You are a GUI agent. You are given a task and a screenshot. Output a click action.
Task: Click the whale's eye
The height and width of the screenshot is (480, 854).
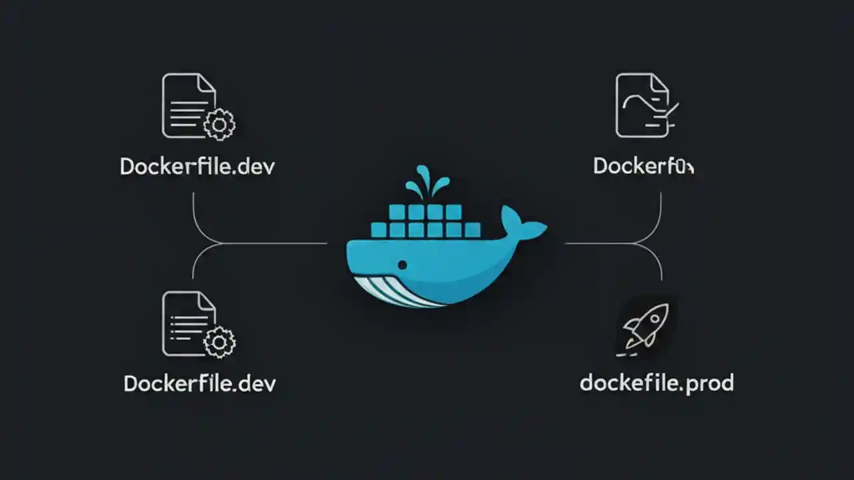[x=402, y=265]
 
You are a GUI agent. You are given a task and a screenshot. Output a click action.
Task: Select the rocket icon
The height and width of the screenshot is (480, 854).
[x=645, y=326]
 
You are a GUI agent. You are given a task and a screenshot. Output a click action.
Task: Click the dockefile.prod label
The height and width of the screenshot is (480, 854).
[x=657, y=383]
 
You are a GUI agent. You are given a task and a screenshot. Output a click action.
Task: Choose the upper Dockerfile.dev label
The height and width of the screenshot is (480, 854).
[x=197, y=166]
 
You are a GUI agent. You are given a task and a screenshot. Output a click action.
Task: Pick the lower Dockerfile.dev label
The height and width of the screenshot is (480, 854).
[x=199, y=383]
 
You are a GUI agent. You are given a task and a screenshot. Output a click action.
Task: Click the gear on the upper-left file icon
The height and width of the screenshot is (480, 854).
[x=220, y=124]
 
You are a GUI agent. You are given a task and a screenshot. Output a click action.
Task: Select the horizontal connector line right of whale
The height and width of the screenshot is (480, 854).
[x=600, y=244]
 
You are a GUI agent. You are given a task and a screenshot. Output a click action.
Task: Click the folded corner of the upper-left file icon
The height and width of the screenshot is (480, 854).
[x=206, y=83]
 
